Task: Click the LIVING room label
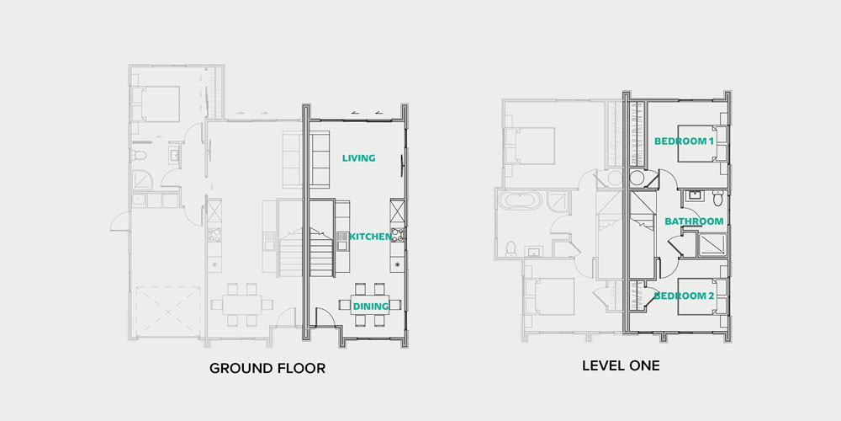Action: pyautogui.click(x=359, y=158)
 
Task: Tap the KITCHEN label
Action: pyautogui.click(x=370, y=237)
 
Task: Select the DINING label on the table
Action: pyautogui.click(x=370, y=306)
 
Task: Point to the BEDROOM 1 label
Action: pyautogui.click(x=684, y=141)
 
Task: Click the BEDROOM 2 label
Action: pyautogui.click(x=685, y=296)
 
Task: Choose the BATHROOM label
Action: pyautogui.click(x=694, y=221)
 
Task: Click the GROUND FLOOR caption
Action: pyautogui.click(x=267, y=369)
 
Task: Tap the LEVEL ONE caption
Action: pyautogui.click(x=621, y=366)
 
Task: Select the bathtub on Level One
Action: pyautogui.click(x=517, y=200)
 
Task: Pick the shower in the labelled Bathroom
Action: pyautogui.click(x=711, y=245)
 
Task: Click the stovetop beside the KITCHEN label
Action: pyautogui.click(x=398, y=235)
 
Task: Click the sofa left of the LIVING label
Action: pyautogui.click(x=320, y=159)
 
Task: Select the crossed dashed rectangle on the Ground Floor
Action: pyautogui.click(x=168, y=312)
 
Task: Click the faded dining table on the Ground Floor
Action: pyautogui.click(x=242, y=305)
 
